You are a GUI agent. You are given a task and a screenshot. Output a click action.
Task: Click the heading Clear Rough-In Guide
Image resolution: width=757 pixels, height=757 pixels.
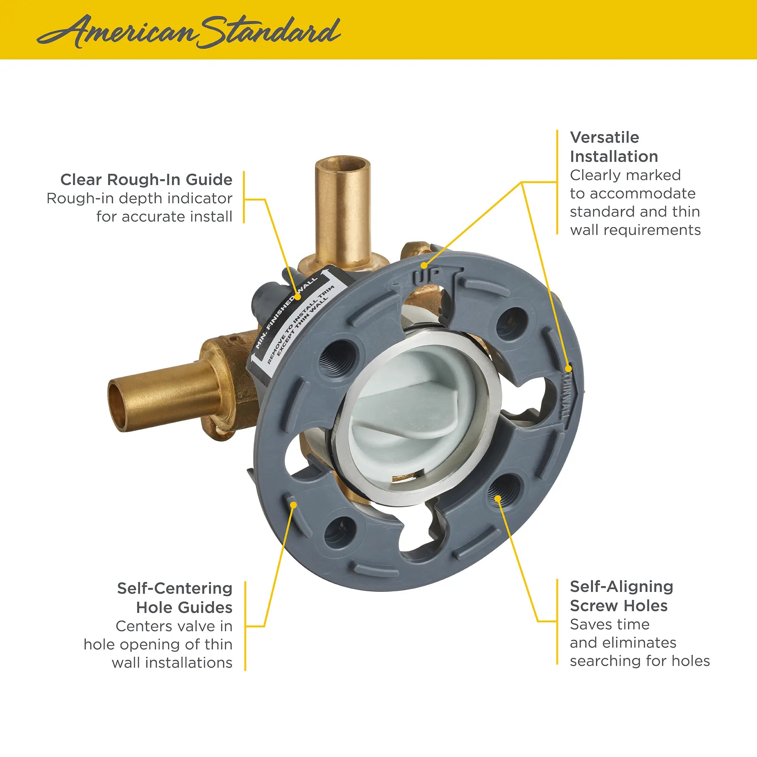pos(146,180)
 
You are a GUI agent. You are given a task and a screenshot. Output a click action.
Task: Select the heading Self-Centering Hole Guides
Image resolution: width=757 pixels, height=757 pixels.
pos(175,598)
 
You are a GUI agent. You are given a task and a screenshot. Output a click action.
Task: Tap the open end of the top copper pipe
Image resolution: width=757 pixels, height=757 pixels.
pos(342,164)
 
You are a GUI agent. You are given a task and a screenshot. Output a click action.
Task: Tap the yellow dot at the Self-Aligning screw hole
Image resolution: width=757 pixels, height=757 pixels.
pos(497,498)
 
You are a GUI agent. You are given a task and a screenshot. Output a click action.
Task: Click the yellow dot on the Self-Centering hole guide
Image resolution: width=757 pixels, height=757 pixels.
pos(293,505)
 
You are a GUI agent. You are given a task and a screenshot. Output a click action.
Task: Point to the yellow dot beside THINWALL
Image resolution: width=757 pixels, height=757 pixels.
pos(569,368)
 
